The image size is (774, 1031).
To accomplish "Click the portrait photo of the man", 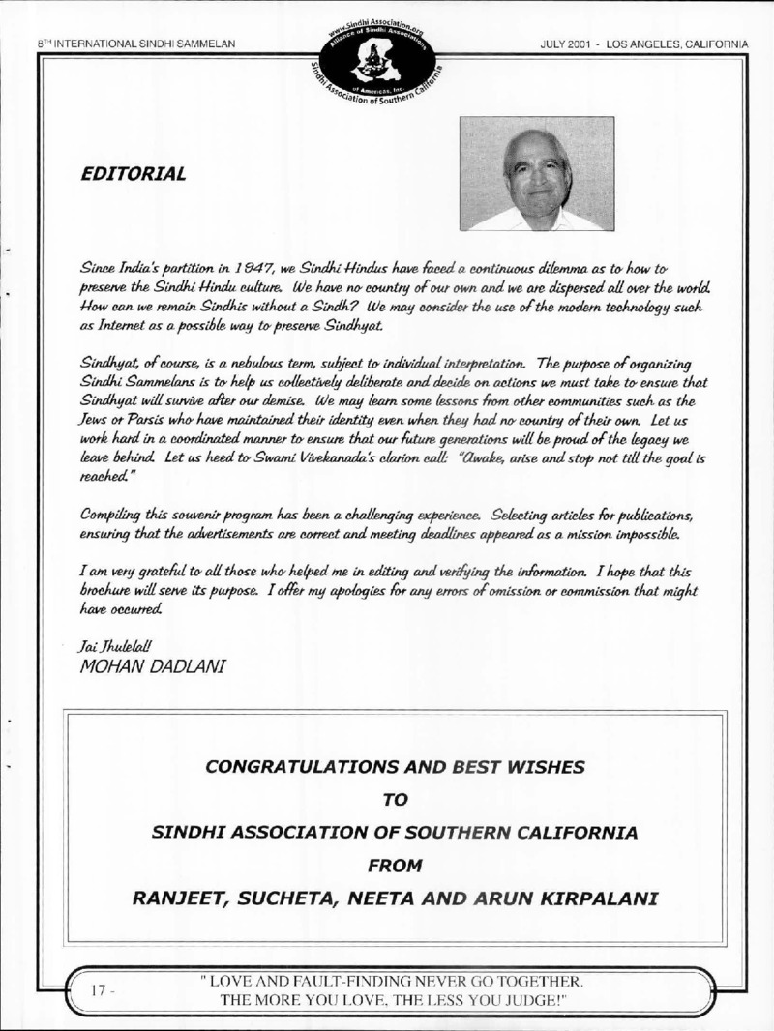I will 536,174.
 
